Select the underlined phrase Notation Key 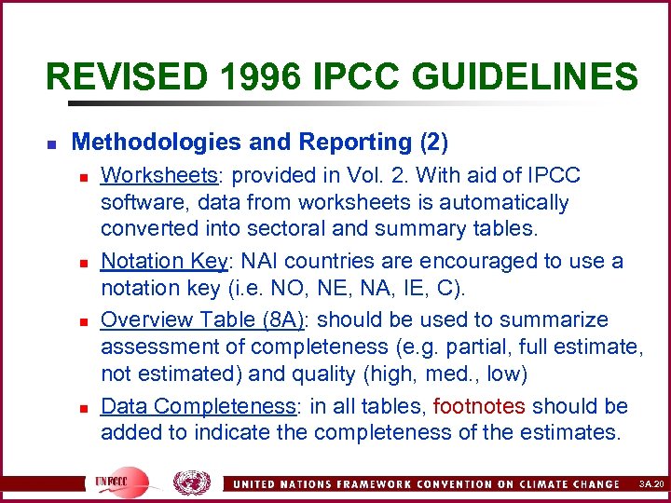(x=164, y=262)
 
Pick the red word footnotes (x=479, y=406)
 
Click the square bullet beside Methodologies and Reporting (x=51, y=144)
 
